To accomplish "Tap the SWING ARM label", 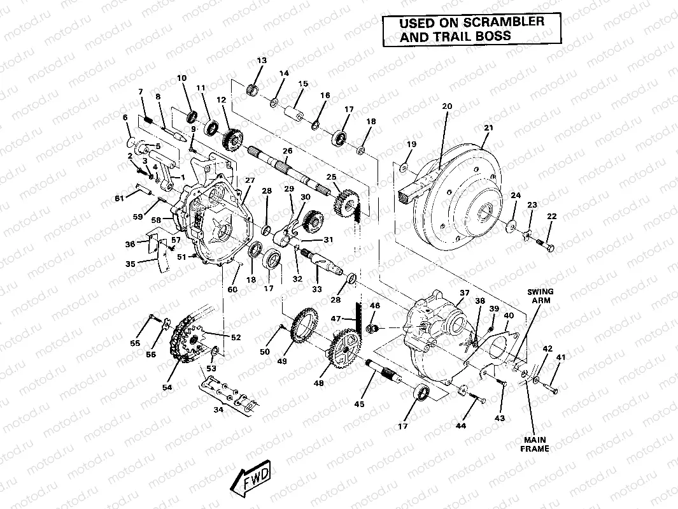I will point(539,296).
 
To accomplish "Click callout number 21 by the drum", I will point(488,128).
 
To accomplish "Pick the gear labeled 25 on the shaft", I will point(344,203).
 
